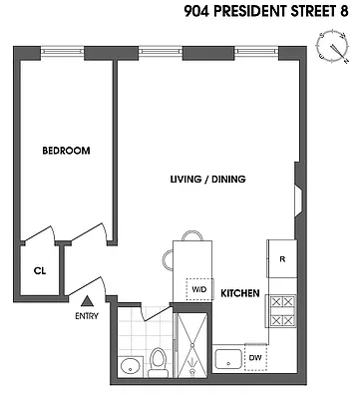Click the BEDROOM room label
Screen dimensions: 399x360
(66, 151)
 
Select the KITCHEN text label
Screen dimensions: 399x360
(240, 293)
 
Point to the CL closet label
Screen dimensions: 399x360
(39, 269)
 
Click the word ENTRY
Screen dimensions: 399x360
(87, 317)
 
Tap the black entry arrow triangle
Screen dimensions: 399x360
(87, 300)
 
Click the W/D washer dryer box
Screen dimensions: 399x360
(198, 290)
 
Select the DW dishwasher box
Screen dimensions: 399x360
(255, 357)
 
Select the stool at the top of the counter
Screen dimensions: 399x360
(191, 236)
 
